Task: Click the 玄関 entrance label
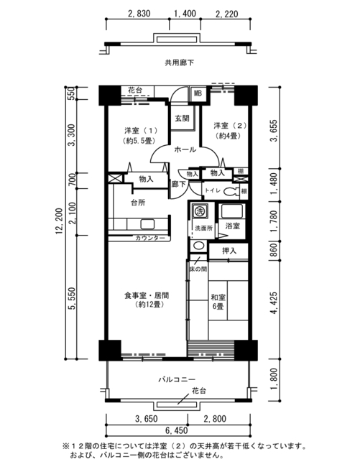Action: pos(182,119)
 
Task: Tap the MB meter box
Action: pos(198,93)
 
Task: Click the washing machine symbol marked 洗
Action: pos(198,211)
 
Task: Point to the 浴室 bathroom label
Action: pos(232,226)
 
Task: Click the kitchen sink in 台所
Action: pos(147,224)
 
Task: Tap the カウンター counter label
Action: pos(150,238)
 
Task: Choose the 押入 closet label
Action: pos(229,251)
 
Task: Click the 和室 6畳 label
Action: pos(218,302)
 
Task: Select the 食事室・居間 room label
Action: pos(147,300)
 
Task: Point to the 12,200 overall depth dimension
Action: pos(60,221)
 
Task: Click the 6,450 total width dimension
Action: pos(176,430)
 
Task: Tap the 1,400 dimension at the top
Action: pos(185,14)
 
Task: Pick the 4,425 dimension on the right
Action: pos(273,303)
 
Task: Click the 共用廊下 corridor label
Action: pos(179,63)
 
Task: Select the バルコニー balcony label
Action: pos(177,379)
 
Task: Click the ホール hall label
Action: pos(185,149)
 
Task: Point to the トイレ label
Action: pos(213,190)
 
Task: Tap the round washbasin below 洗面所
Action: pos(198,246)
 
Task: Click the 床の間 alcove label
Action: pos(198,269)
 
